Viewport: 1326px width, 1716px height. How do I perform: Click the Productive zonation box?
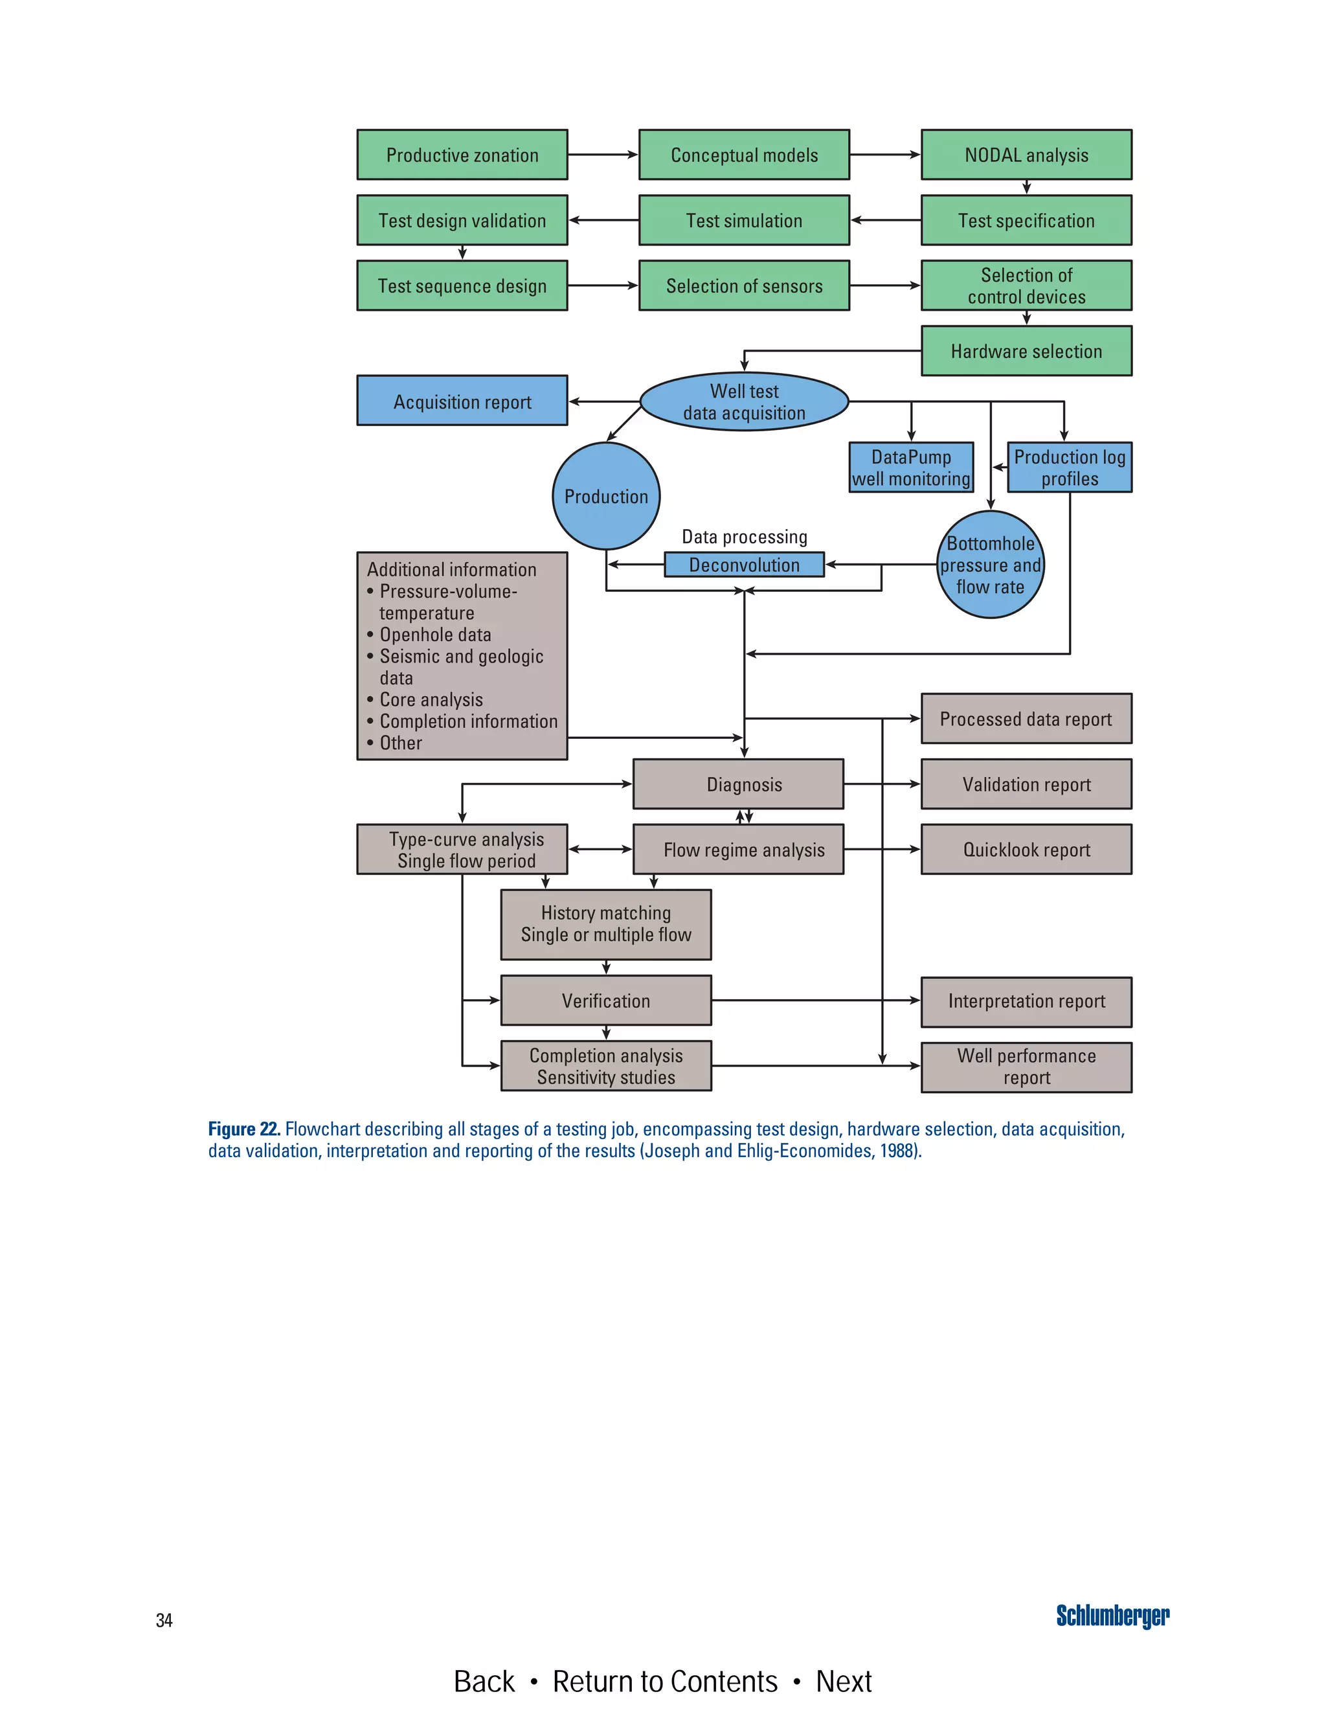[462, 155]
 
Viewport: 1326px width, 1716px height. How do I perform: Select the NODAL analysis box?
[1026, 155]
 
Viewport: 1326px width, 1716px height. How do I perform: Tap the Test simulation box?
[744, 221]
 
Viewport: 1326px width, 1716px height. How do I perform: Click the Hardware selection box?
[1026, 351]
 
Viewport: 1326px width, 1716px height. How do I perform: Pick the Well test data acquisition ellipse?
[744, 401]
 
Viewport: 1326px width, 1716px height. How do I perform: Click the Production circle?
[605, 496]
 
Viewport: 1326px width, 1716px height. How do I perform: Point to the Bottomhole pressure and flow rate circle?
[990, 565]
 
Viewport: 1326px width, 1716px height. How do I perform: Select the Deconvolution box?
[744, 565]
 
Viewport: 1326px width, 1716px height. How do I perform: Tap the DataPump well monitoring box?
[911, 468]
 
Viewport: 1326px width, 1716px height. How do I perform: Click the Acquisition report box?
[462, 401]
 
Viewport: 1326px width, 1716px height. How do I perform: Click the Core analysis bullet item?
[431, 699]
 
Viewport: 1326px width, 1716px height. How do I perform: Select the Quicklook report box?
[1026, 850]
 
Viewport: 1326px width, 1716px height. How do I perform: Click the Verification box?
[605, 1000]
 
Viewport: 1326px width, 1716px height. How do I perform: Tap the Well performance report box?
[1026, 1067]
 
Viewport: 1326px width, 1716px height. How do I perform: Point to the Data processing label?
[744, 537]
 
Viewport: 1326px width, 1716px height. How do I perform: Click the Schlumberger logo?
[1112, 1616]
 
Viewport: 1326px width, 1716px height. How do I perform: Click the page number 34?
[164, 1620]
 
